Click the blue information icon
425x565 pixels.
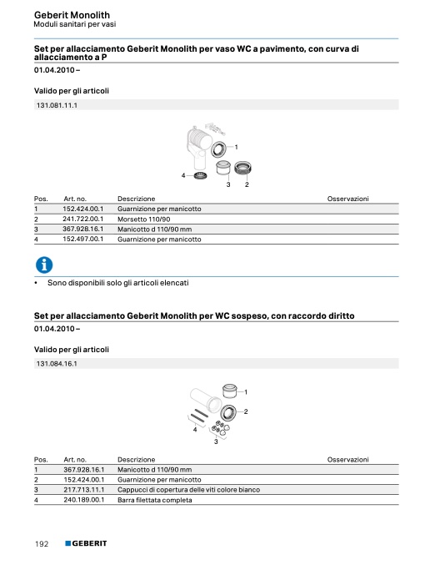44,265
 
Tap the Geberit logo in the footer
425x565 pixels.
86,543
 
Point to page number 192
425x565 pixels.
42,544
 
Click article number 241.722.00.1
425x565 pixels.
83,219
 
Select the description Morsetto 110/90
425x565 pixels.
143,219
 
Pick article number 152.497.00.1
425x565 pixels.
83,239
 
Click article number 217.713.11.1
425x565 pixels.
84,490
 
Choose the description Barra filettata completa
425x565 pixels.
155,500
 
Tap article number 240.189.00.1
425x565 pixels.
84,500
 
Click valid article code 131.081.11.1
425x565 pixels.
57,105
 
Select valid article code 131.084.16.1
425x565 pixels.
57,364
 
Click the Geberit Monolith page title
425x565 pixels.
72,15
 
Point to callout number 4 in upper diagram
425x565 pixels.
183,175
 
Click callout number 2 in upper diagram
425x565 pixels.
247,184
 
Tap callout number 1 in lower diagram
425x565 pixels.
246,391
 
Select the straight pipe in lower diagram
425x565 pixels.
206,400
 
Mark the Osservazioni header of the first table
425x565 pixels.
348,199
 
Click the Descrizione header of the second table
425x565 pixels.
137,459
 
